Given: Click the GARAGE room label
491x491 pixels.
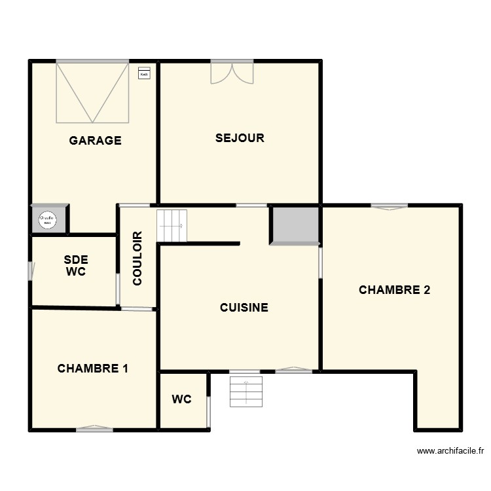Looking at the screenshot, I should pyautogui.click(x=96, y=140).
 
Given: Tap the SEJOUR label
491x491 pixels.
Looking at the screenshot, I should pyautogui.click(x=240, y=138).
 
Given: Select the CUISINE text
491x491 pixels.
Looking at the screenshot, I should pyautogui.click(x=244, y=307).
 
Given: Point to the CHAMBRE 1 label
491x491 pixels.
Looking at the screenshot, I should pyautogui.click(x=93, y=368).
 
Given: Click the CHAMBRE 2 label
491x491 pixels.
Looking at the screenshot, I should pyautogui.click(x=395, y=290).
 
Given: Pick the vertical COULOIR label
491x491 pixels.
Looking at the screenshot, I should pyautogui.click(x=137, y=258).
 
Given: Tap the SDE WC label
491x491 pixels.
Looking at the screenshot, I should pyautogui.click(x=76, y=266).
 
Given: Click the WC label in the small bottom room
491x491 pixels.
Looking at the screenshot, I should pyautogui.click(x=181, y=399).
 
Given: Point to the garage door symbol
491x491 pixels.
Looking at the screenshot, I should pyautogui.click(x=92, y=92).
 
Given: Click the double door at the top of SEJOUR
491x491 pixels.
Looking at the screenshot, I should pyautogui.click(x=232, y=72).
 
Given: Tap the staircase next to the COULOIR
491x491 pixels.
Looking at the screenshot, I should pyautogui.click(x=172, y=225).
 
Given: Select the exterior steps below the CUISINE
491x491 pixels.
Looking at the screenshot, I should pyautogui.click(x=245, y=391).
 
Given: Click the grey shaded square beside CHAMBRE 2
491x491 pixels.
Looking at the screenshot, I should pyautogui.click(x=295, y=225).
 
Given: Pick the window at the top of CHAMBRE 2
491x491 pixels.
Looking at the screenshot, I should pyautogui.click(x=389, y=206).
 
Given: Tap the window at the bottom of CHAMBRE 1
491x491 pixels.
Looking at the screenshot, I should pyautogui.click(x=94, y=429).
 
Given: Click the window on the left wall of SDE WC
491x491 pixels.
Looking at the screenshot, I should pyautogui.click(x=30, y=271).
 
